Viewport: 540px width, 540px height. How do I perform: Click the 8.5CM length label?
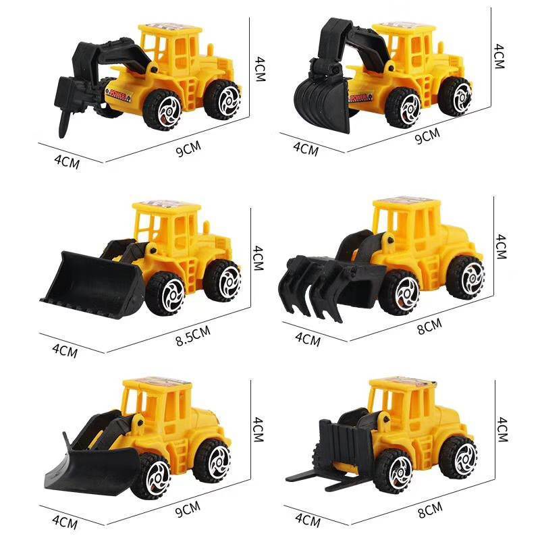[x=193, y=335]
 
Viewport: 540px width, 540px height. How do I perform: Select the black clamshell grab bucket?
[x=322, y=104]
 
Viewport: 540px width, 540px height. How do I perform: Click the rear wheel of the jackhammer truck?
[x=222, y=100]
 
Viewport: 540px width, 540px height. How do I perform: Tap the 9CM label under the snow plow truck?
[x=188, y=510]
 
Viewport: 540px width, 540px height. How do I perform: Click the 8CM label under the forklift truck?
[x=430, y=510]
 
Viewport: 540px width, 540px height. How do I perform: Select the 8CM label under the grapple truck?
[x=429, y=327]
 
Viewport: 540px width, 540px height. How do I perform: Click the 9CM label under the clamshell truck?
[x=427, y=136]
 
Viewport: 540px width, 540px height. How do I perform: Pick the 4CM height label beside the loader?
[x=258, y=258]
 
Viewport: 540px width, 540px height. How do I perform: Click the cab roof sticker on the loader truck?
[x=166, y=203]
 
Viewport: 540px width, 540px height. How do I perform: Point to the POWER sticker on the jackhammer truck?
[x=118, y=93]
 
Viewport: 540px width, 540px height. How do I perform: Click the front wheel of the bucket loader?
[x=165, y=294]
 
